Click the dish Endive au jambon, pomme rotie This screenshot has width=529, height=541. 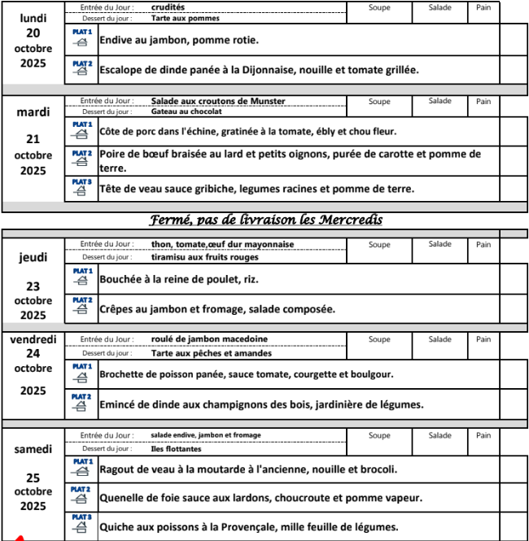coord(179,40)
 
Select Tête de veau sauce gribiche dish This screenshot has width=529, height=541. coord(256,189)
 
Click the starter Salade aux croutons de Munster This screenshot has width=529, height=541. coord(218,101)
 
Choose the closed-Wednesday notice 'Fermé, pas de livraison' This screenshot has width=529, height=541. coord(266,220)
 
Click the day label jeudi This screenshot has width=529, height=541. coord(33,258)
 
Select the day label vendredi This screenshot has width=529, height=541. coord(33,340)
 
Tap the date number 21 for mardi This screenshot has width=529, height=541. coord(33,139)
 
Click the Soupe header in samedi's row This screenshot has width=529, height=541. coord(379,435)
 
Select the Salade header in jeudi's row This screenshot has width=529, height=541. coord(440,244)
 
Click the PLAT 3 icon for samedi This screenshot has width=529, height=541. coord(81,524)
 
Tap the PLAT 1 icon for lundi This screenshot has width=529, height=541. coord(81,37)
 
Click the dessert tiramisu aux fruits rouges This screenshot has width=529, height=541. coord(205,257)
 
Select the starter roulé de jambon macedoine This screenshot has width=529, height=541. coord(209,339)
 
